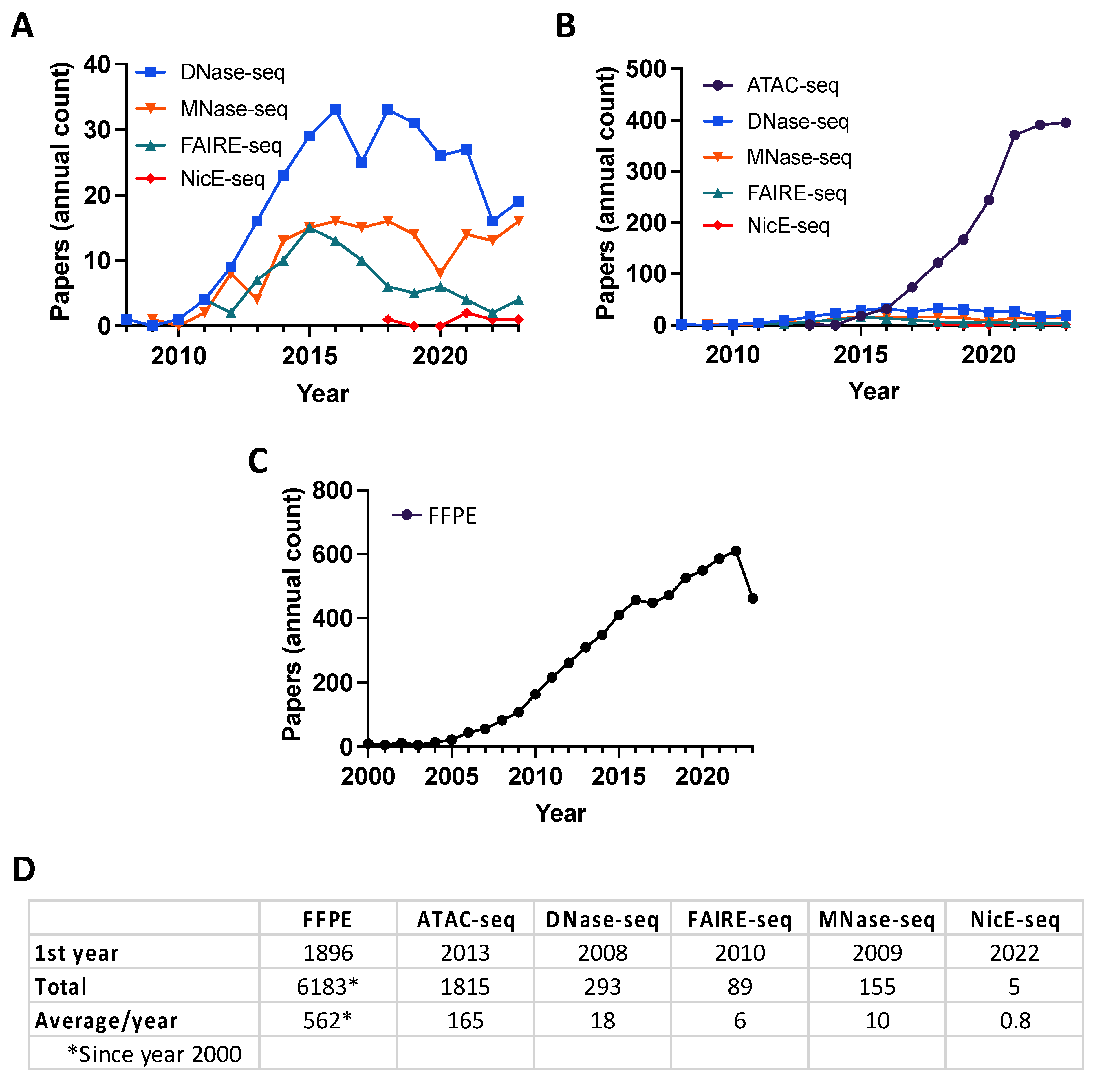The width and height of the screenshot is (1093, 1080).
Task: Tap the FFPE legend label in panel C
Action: (x=452, y=516)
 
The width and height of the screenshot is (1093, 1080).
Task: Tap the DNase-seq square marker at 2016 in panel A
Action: (x=336, y=110)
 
